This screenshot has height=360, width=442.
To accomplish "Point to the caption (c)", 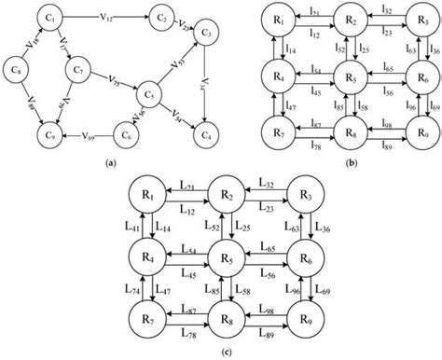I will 220,352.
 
